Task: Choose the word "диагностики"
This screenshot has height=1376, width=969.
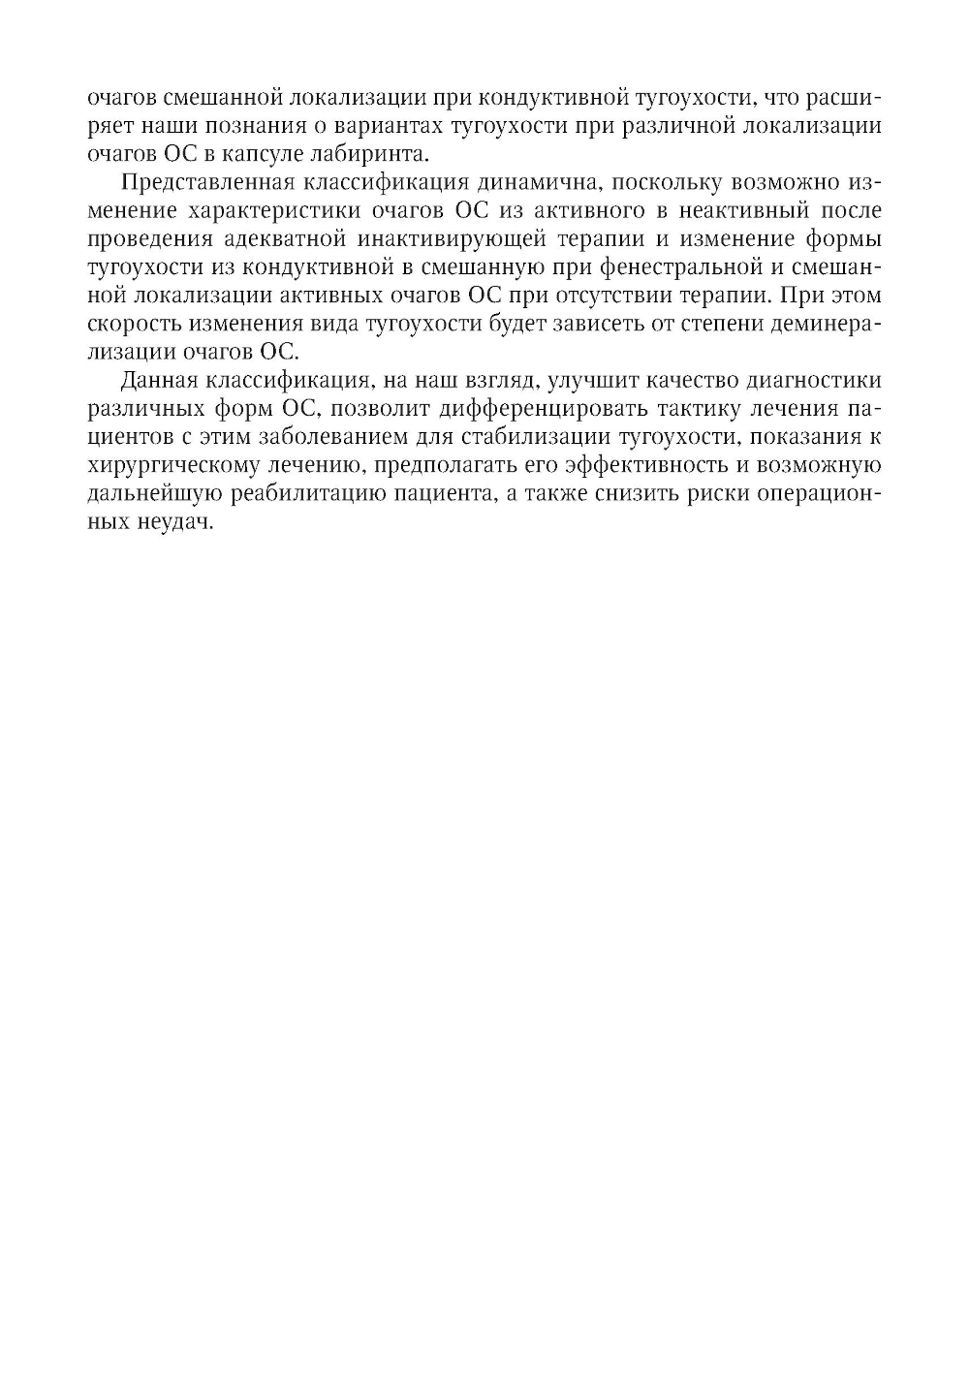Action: [815, 380]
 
